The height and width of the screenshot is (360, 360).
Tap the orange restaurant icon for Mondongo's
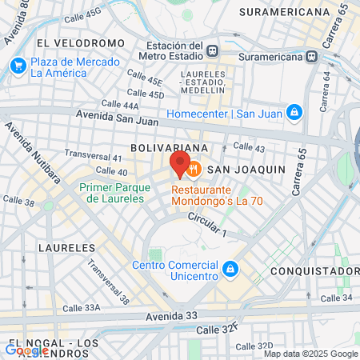coord(194,169)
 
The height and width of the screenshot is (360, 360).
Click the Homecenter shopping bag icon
coord(294,112)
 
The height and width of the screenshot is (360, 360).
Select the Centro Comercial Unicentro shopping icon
coord(230,268)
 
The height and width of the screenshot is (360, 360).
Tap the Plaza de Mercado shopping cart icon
coord(17,66)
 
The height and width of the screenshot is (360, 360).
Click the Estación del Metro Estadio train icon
coord(212,50)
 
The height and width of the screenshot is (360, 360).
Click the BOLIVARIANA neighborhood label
coord(170,148)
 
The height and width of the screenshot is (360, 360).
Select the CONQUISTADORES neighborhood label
coord(314,271)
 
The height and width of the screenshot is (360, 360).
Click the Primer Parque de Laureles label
coord(114,192)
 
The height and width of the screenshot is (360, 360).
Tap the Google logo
coord(26,349)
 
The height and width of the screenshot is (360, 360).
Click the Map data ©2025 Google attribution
coord(311,354)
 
